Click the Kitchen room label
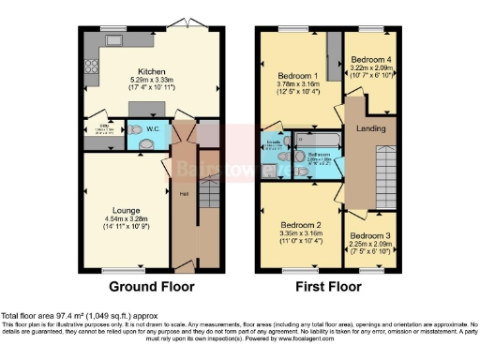152,71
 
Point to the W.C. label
152,129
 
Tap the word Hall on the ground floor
185,194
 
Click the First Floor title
327,286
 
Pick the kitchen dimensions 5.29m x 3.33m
152,81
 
